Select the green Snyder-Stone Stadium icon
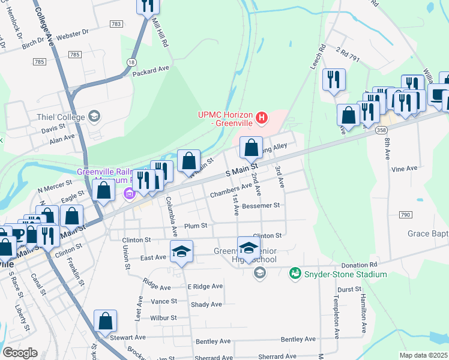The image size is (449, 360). pyautogui.click(x=295, y=274)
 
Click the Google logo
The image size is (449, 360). pyautogui.click(x=20, y=353)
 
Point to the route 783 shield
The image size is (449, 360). pyautogui.click(x=116, y=24)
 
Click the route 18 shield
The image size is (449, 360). pyautogui.click(x=131, y=62)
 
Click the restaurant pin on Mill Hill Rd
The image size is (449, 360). pyautogui.click(x=146, y=6)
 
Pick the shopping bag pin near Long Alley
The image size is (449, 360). pyautogui.click(x=252, y=147)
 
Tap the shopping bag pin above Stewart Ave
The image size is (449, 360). pyautogui.click(x=105, y=320)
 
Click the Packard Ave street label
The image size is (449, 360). pyautogui.click(x=151, y=70)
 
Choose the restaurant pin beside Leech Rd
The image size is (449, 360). pyautogui.click(x=333, y=80)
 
